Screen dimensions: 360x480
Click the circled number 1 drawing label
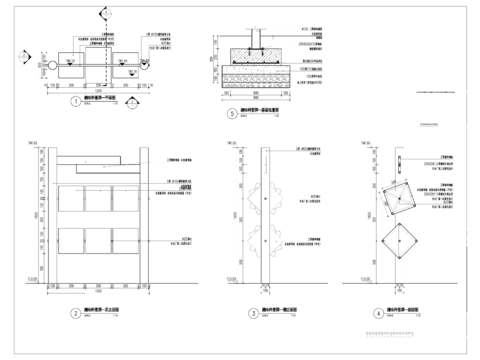(76, 101)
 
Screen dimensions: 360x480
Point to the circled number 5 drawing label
(232, 114)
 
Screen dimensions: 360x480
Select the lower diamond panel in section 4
(398, 243)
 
